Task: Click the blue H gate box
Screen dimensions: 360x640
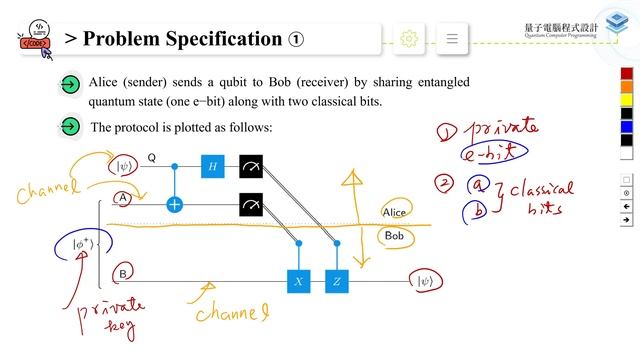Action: click(211, 167)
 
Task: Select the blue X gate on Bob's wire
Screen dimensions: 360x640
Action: click(297, 282)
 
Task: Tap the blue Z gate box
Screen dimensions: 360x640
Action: click(336, 282)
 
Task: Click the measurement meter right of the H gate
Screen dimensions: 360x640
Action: click(251, 167)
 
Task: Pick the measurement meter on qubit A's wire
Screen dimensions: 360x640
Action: click(251, 205)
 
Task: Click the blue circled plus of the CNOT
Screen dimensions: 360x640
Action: click(175, 205)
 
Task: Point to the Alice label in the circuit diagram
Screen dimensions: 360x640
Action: click(395, 212)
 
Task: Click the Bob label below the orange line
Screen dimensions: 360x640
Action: click(394, 236)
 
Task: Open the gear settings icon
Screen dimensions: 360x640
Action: click(408, 39)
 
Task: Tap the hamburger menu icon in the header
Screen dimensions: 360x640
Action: click(452, 39)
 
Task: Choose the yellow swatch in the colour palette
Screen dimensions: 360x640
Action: click(627, 100)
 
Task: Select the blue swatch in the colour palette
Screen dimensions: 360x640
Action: click(627, 127)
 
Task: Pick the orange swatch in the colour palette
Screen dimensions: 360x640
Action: click(627, 87)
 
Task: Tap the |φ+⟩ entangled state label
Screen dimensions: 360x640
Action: click(80, 244)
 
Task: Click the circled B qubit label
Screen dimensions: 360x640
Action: click(122, 273)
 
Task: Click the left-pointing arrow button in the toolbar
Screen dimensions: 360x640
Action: click(627, 206)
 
